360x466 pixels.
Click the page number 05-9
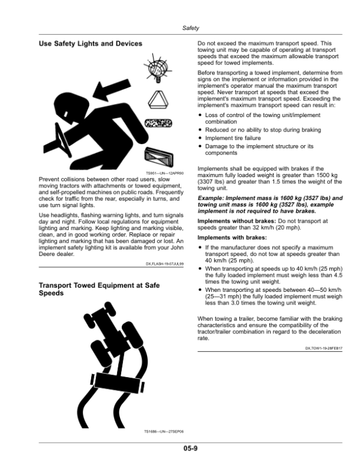[190, 448]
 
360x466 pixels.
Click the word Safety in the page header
[190, 28]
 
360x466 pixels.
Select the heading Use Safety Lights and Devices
[90, 44]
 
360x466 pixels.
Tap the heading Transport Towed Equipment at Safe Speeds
[99, 289]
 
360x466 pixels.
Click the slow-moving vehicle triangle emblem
[158, 100]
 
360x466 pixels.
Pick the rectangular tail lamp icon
[159, 157]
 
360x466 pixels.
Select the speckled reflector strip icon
[158, 123]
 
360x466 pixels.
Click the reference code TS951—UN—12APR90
[164, 173]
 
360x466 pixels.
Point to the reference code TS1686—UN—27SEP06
[164, 432]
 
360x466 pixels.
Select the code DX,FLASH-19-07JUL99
[164, 264]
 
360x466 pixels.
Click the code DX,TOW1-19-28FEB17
[324, 348]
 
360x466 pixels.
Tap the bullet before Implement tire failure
[200, 138]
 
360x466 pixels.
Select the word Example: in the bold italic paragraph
[211, 198]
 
